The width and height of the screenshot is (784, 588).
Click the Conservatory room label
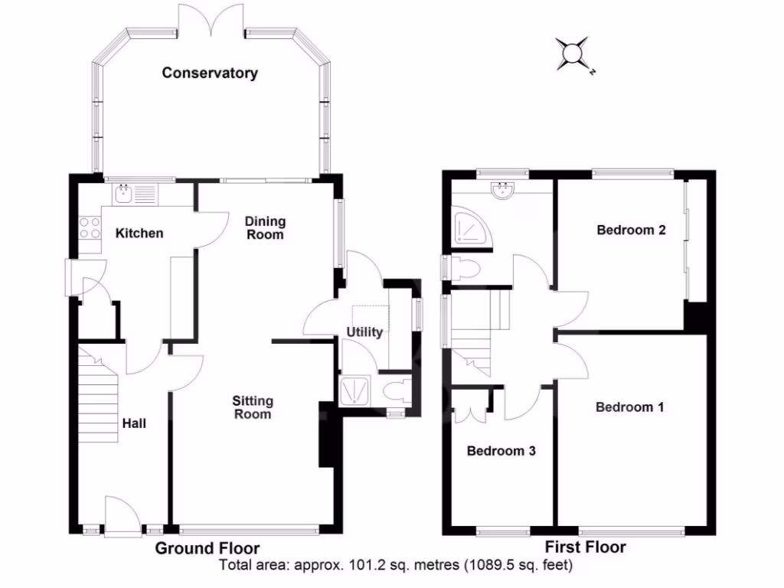pos(210,73)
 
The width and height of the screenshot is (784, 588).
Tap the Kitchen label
pos(139,233)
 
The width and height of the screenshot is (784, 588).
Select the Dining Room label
pos(265,228)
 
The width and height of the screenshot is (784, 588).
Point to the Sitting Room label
pos(253,407)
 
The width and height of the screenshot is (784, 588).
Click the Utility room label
pos(364,332)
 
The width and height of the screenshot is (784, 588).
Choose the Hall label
pos(134,423)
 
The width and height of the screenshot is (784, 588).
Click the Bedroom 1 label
pos(630,407)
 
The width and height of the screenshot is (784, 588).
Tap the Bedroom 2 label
pos(631,230)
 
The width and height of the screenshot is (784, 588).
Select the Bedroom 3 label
pos(501,451)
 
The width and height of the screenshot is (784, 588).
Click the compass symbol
pos(573,54)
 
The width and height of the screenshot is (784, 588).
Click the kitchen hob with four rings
pos(90,227)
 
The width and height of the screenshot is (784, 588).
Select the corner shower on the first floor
pos(472,229)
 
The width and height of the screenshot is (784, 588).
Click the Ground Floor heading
pos(207,548)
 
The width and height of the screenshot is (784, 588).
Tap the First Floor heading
pos(586,547)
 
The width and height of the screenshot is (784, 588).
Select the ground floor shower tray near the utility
pos(354,390)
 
